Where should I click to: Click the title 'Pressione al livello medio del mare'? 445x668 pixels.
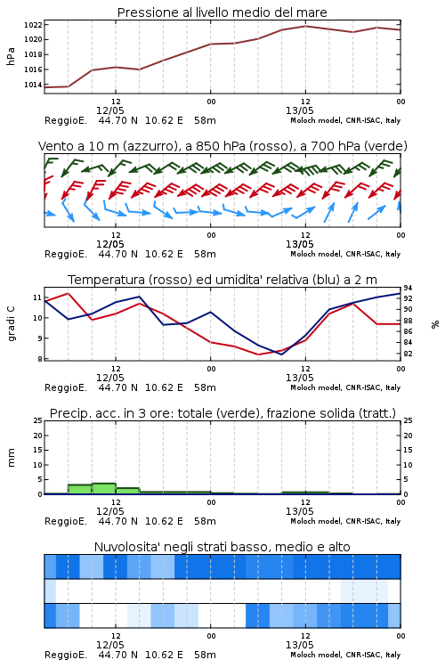click(222, 12)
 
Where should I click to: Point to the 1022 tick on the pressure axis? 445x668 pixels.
click(33, 25)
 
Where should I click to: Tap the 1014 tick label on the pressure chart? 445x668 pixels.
click(33, 85)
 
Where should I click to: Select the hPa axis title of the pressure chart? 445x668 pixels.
click(11, 56)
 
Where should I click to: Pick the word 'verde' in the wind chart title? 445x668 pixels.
click(385, 146)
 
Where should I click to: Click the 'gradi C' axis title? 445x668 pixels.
click(11, 324)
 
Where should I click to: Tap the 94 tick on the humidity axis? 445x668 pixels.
click(408, 289)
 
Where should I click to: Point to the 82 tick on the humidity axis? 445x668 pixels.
click(408, 354)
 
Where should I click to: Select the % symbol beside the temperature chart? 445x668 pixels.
click(435, 324)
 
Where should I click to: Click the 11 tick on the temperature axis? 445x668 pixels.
click(37, 297)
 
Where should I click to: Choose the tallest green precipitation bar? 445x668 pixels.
click(104, 489)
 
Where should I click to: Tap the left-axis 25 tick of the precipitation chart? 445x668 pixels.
click(37, 420)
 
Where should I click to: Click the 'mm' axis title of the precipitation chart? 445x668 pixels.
click(11, 458)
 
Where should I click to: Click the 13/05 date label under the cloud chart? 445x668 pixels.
click(299, 645)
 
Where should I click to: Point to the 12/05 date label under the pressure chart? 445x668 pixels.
click(109, 110)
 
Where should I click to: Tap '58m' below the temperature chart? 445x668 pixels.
click(205, 387)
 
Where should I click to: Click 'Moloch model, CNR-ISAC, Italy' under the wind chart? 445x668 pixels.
click(345, 255)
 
